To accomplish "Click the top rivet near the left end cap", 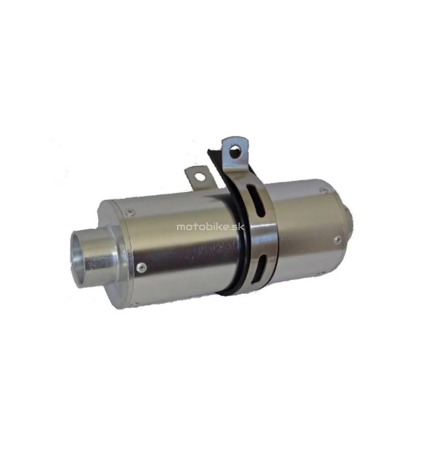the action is pos(130,213).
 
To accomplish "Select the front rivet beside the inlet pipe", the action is pos(142,267).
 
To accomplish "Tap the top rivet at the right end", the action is pos(324,190).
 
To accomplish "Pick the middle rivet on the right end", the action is pos(337,240).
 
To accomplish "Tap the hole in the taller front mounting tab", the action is pos(236,151).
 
